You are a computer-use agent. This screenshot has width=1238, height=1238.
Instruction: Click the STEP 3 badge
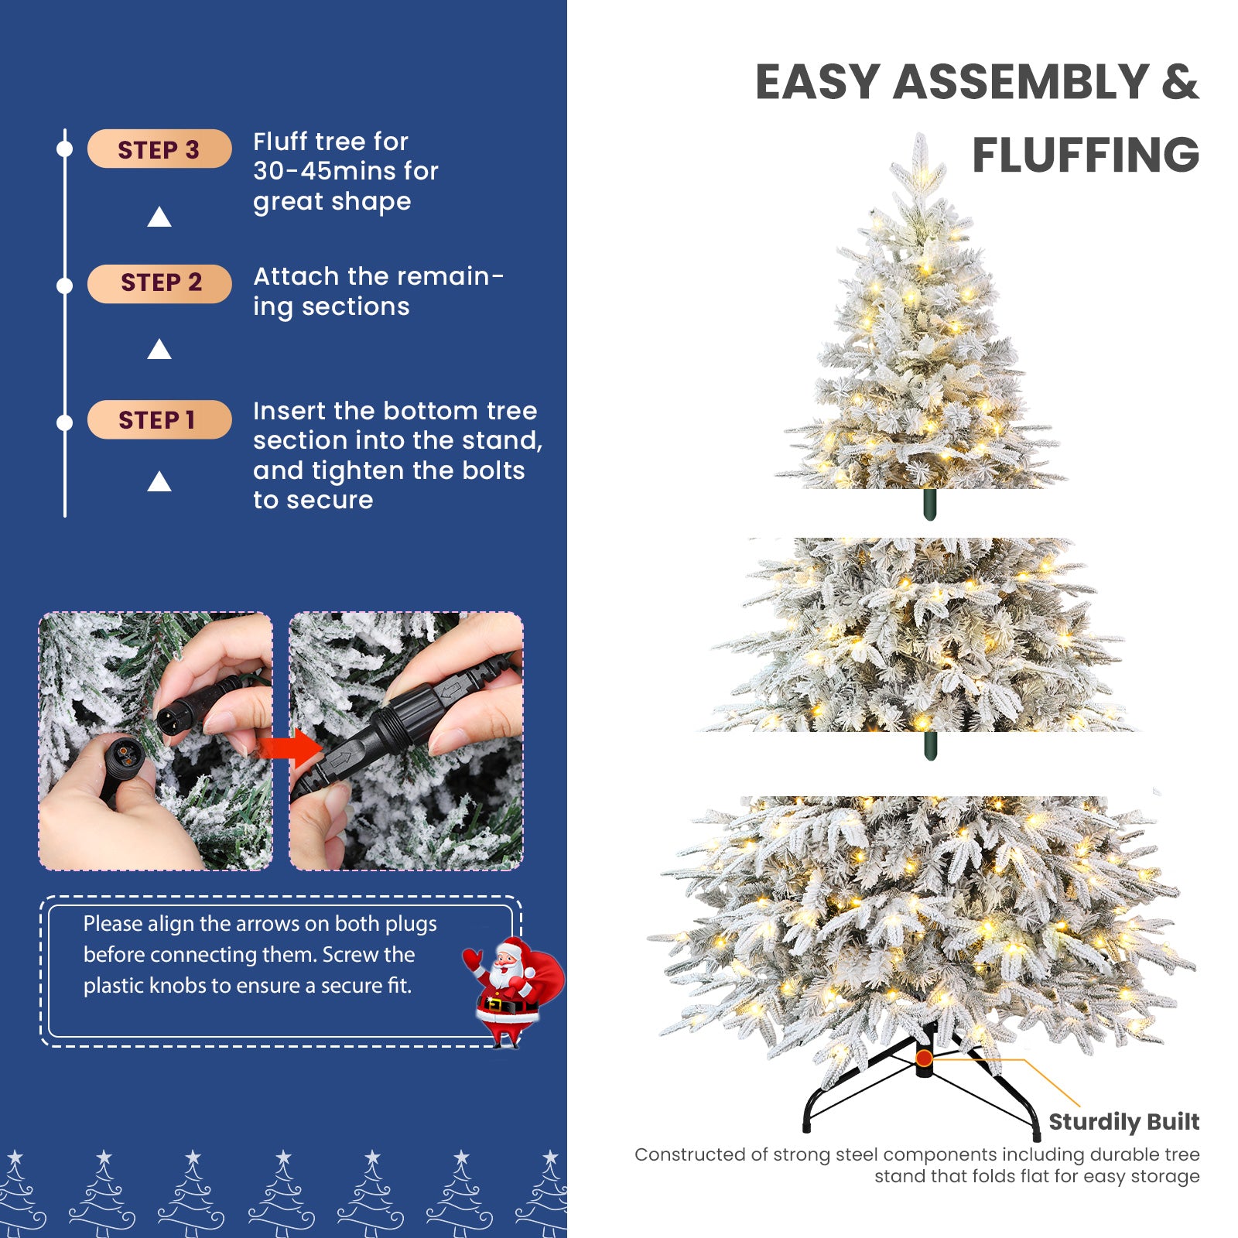point(159,149)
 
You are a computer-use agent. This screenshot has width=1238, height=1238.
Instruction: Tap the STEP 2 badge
point(159,283)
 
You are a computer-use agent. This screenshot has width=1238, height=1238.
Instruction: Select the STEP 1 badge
point(159,419)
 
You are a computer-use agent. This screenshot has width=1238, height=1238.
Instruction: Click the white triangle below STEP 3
point(159,217)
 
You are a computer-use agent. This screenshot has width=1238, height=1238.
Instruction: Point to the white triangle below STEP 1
point(159,482)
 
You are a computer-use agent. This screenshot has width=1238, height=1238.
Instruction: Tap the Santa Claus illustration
point(511,990)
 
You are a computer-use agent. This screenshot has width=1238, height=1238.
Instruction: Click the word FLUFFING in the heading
point(1085,155)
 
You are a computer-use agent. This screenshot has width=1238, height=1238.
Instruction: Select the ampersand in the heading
point(1179,82)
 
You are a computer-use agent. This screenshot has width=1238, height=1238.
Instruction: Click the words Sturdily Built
point(1123,1121)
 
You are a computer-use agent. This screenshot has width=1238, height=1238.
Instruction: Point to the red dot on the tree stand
point(924,1058)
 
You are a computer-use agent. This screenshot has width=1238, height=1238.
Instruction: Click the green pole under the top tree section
point(930,504)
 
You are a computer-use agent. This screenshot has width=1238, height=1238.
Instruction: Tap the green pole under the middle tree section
point(931,746)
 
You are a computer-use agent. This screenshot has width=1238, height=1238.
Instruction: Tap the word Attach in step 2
point(296,276)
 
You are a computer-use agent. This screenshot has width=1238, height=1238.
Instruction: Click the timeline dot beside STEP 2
point(65,286)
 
